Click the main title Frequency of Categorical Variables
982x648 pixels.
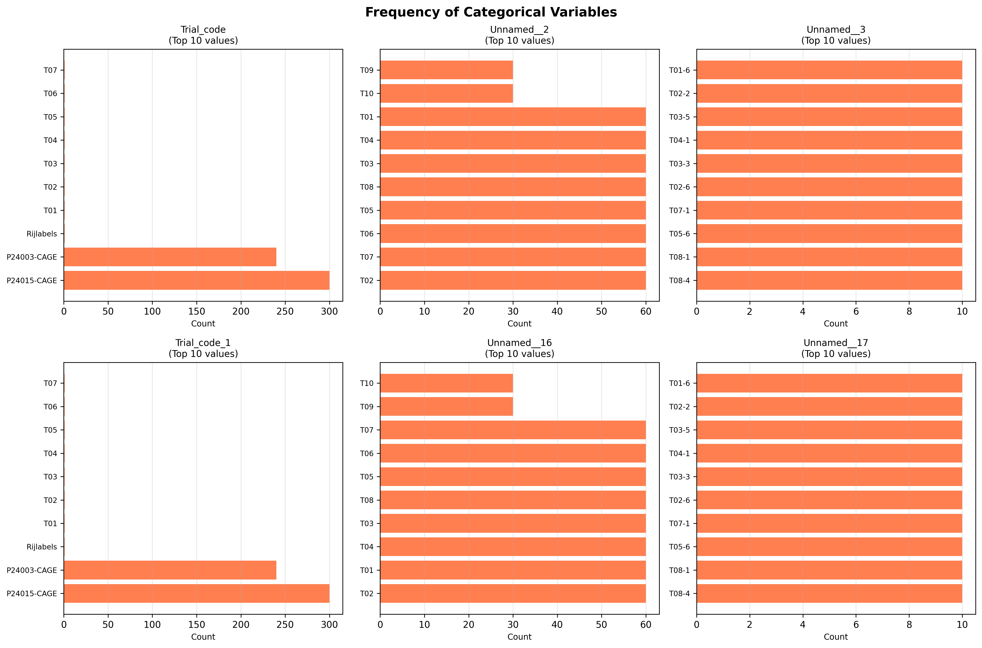tap(491, 12)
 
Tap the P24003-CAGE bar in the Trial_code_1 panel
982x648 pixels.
tap(170, 570)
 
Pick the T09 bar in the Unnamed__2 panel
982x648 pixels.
tap(447, 70)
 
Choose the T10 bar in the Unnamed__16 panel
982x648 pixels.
tap(447, 383)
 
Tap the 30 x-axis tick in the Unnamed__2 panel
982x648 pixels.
tap(513, 311)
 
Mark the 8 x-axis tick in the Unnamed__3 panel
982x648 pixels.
tap(909, 311)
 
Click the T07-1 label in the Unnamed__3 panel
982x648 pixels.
tap(679, 210)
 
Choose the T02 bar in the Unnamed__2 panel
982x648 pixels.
tap(513, 280)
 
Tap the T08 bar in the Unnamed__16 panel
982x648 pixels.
tap(513, 500)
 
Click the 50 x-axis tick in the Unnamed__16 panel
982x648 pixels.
tap(602, 625)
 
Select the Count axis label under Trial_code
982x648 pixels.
tap(203, 324)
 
